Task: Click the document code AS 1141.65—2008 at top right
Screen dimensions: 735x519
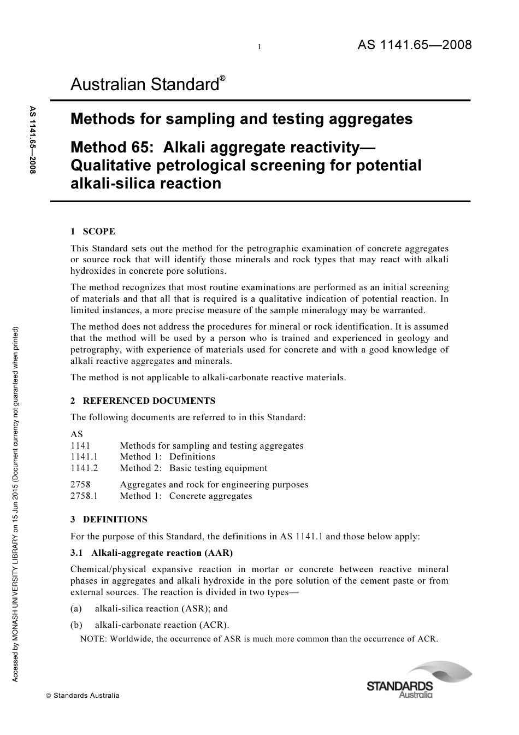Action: [415, 45]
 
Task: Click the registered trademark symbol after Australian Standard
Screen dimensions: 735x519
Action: [222, 79]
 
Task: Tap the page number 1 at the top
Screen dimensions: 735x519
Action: [259, 48]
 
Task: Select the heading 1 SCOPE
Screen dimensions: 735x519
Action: [93, 232]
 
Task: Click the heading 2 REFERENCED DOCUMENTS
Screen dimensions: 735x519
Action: [143, 401]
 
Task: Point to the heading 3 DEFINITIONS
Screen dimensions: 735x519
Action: [109, 520]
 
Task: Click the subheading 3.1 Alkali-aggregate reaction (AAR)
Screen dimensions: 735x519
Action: [151, 553]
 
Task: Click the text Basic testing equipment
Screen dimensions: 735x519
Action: [218, 468]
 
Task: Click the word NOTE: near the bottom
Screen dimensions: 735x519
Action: [93, 639]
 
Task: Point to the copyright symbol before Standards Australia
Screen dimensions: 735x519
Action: [49, 696]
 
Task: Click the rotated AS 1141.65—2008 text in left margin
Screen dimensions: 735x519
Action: [33, 140]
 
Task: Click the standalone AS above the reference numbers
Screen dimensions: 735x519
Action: [76, 434]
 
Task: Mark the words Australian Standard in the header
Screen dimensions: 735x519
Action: [145, 85]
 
